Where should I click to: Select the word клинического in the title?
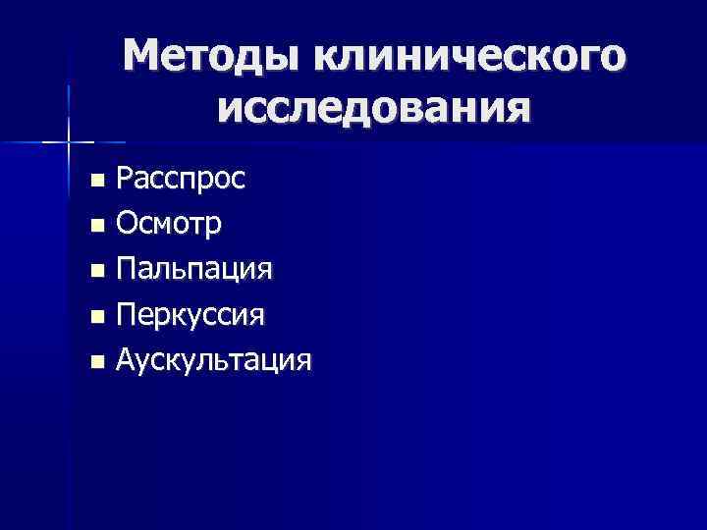click(x=468, y=57)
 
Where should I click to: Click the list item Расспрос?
click(x=181, y=180)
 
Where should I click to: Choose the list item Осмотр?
click(x=168, y=225)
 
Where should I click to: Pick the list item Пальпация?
click(x=194, y=270)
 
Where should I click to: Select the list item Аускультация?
click(x=214, y=360)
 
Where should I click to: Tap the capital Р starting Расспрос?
click(x=124, y=179)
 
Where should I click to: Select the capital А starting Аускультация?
click(x=126, y=359)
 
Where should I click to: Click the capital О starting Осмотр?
click(x=126, y=225)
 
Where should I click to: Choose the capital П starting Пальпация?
click(x=126, y=269)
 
